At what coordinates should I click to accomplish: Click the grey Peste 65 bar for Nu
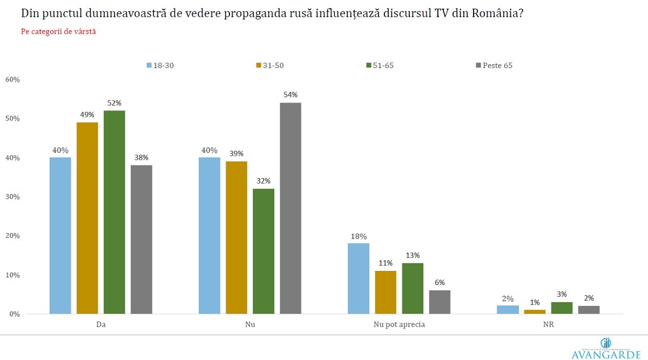(x=291, y=208)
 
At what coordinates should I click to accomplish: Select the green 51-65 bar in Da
(x=114, y=212)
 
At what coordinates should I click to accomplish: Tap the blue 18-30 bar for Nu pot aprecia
(x=359, y=278)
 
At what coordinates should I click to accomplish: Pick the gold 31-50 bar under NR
(x=535, y=311)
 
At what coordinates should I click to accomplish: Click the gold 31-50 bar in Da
(x=87, y=218)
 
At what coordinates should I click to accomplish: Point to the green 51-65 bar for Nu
(x=264, y=251)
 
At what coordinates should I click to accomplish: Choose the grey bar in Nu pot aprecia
(x=440, y=302)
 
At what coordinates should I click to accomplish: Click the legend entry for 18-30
(x=160, y=66)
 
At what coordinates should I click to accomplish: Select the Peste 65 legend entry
(x=494, y=66)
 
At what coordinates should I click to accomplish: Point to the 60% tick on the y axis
(x=12, y=80)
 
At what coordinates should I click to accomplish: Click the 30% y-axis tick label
(x=12, y=197)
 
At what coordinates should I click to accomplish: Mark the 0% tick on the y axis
(x=14, y=314)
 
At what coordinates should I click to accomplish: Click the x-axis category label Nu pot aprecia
(x=399, y=325)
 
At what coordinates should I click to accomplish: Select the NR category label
(x=548, y=325)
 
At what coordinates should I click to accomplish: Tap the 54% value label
(x=291, y=95)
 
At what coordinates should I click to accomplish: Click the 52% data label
(x=114, y=103)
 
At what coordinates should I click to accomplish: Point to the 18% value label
(x=359, y=236)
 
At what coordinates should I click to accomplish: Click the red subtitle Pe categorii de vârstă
(x=58, y=32)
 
